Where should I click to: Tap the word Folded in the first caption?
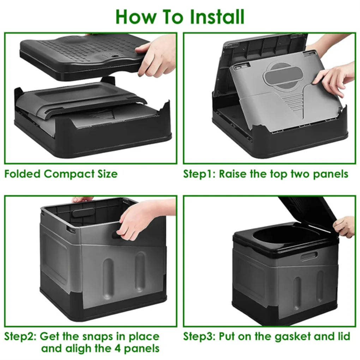point(23,174)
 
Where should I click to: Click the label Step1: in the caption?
point(199,174)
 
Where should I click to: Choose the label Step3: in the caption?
point(199,336)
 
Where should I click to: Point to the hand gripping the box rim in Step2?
point(141,217)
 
